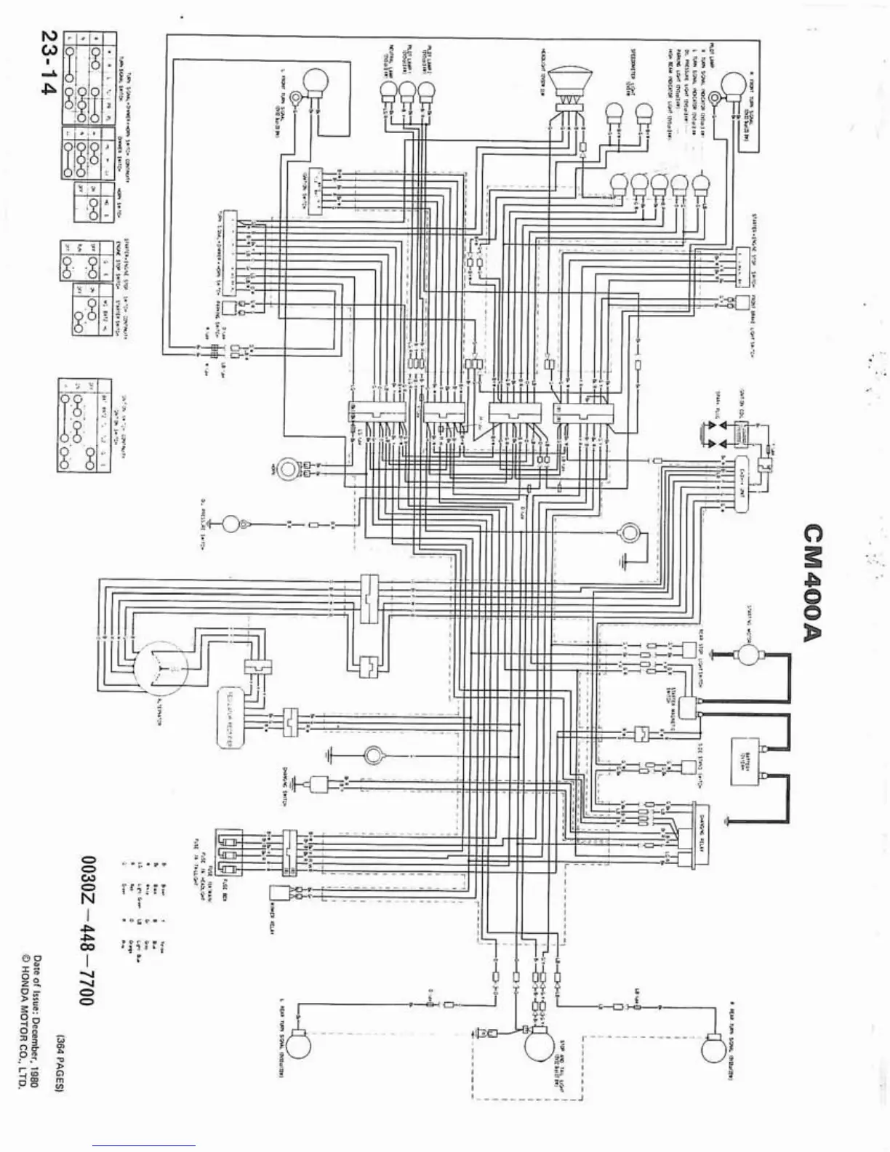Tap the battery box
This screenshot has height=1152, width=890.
coord(750,763)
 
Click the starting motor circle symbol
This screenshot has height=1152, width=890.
coord(747,655)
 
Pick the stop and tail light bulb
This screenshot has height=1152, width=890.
coord(540,1047)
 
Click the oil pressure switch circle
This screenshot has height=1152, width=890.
coord(231,524)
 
